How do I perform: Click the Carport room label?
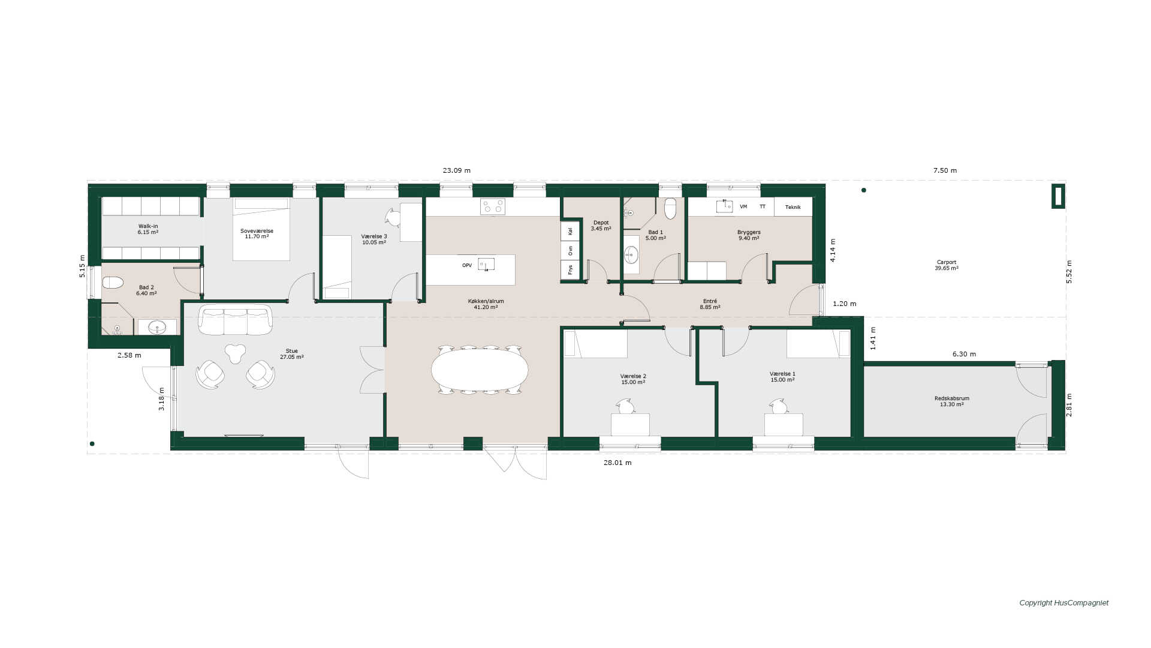(946, 262)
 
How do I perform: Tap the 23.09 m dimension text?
(457, 170)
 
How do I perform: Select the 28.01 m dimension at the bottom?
(617, 463)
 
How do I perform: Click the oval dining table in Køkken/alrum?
(480, 370)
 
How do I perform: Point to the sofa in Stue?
(235, 320)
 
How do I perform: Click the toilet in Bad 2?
(113, 283)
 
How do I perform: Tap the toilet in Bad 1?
(670, 208)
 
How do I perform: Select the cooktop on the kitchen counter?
(492, 206)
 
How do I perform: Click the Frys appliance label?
(570, 269)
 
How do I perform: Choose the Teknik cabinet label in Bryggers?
(793, 207)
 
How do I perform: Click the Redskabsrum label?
(951, 398)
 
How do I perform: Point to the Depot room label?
(601, 223)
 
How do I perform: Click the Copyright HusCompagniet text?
(1064, 603)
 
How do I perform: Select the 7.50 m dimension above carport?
(945, 170)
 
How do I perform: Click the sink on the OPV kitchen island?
(486, 265)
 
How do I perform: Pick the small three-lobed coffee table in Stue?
(235, 353)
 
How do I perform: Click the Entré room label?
(710, 301)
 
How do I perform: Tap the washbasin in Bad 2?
(157, 327)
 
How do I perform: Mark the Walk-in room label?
(147, 226)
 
